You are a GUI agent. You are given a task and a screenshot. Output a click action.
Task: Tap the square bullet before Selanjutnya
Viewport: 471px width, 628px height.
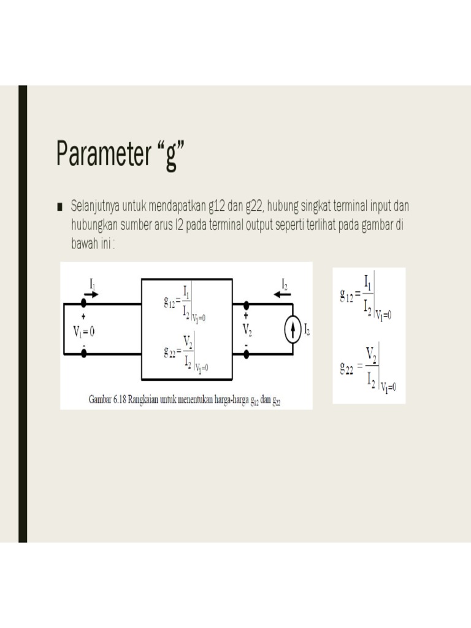[60, 206]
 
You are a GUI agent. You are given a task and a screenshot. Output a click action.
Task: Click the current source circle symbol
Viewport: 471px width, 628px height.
[293, 331]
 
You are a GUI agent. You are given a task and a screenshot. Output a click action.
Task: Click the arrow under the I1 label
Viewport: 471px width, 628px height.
[90, 294]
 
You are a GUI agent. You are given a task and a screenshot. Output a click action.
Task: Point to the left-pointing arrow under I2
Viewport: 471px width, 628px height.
[283, 294]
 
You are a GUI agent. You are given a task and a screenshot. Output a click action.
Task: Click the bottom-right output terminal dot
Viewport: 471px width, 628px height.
[247, 354]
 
